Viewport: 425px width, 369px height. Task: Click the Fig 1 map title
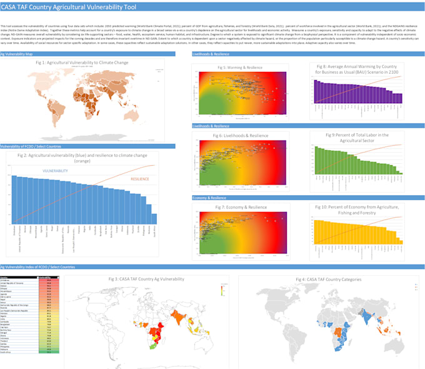(x=78, y=63)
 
